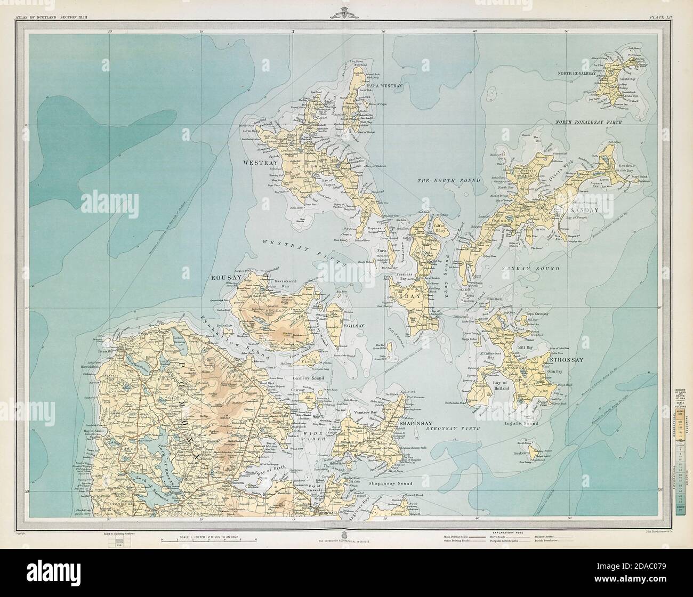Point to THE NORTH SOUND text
[x=448, y=181]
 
